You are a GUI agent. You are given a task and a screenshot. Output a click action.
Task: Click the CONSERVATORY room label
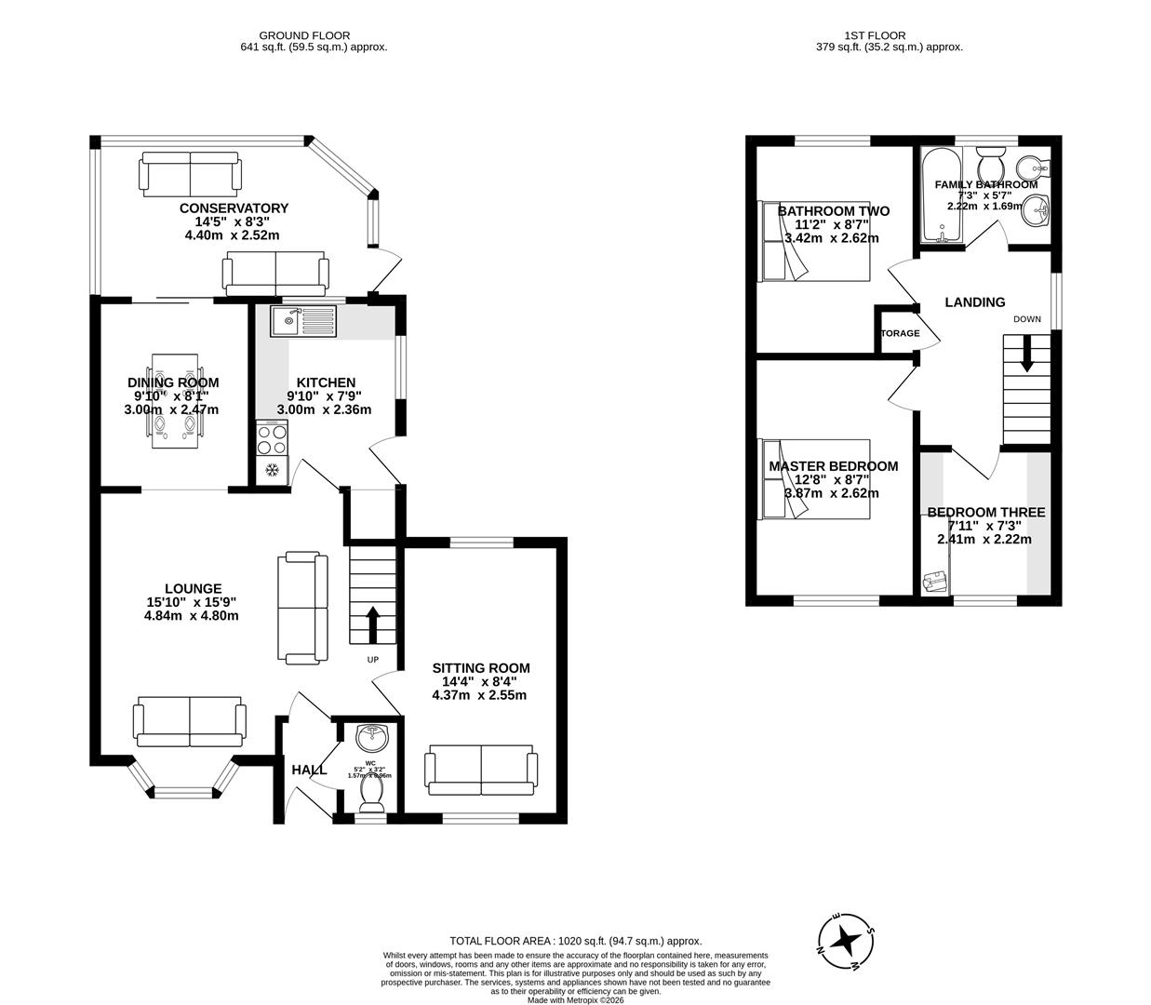pyautogui.click(x=234, y=208)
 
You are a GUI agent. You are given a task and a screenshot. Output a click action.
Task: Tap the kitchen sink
pyautogui.click(x=304, y=322)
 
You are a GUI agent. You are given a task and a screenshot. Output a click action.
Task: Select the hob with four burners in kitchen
pyautogui.click(x=272, y=438)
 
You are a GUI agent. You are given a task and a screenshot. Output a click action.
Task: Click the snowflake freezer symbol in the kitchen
pyautogui.click(x=273, y=470)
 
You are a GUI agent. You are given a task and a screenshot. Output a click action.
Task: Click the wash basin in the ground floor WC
pyautogui.click(x=372, y=737)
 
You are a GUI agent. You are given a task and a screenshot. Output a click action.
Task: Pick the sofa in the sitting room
pyautogui.click(x=480, y=770)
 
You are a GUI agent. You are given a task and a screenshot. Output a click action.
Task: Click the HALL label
pyautogui.click(x=309, y=770)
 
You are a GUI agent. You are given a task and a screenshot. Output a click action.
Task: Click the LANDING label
pyautogui.click(x=974, y=302)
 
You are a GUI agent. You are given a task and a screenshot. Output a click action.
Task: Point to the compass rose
pyautogui.click(x=846, y=942)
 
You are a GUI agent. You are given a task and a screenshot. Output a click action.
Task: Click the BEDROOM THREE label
pyautogui.click(x=985, y=513)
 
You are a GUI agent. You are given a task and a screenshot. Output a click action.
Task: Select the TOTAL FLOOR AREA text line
pyautogui.click(x=575, y=941)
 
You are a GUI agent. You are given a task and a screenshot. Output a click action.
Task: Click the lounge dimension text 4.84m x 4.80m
pyautogui.click(x=192, y=615)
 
